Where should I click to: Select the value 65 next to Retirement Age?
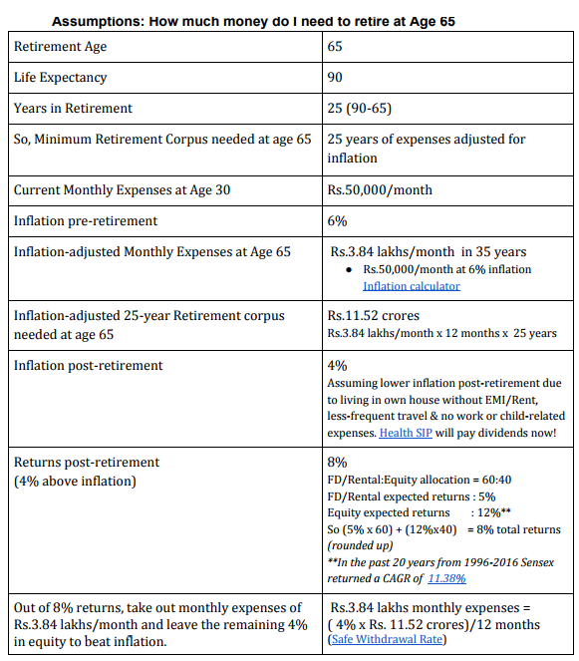336,47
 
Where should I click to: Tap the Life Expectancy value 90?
336,78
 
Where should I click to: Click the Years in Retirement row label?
73,109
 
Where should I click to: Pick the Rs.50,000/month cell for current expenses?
380,189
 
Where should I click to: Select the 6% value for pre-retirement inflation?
337,220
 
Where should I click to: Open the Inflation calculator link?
411,286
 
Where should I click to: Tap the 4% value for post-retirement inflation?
337,366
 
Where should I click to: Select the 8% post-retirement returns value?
337,463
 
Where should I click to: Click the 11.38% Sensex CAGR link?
448,577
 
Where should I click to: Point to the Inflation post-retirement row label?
88,366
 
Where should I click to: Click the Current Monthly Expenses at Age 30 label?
122,189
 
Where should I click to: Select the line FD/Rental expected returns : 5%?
412,496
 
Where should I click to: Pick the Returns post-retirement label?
87,463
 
